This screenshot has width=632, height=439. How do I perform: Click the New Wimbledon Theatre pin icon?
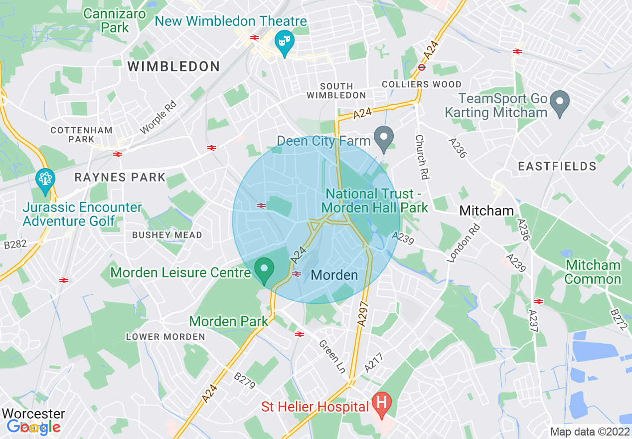pos(285,42)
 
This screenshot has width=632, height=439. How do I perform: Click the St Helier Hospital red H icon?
pos(382,403)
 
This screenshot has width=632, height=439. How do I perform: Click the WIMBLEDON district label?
pos(174,66)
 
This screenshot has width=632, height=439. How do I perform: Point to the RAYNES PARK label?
pos(120,177)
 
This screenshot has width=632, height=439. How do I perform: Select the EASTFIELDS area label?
pos(557,166)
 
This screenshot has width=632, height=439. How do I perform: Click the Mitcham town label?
pos(486,211)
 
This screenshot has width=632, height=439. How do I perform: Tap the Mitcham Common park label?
pos(593,272)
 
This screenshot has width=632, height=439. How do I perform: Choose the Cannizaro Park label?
pos(115,20)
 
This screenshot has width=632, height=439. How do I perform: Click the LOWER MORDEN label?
pos(165,337)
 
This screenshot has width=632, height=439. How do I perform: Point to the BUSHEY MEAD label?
pos(167,235)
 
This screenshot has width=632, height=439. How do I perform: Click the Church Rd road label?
pos(422,157)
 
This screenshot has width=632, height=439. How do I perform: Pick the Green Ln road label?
pos(332,356)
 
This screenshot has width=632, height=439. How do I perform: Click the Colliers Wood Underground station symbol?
pos(422,67)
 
